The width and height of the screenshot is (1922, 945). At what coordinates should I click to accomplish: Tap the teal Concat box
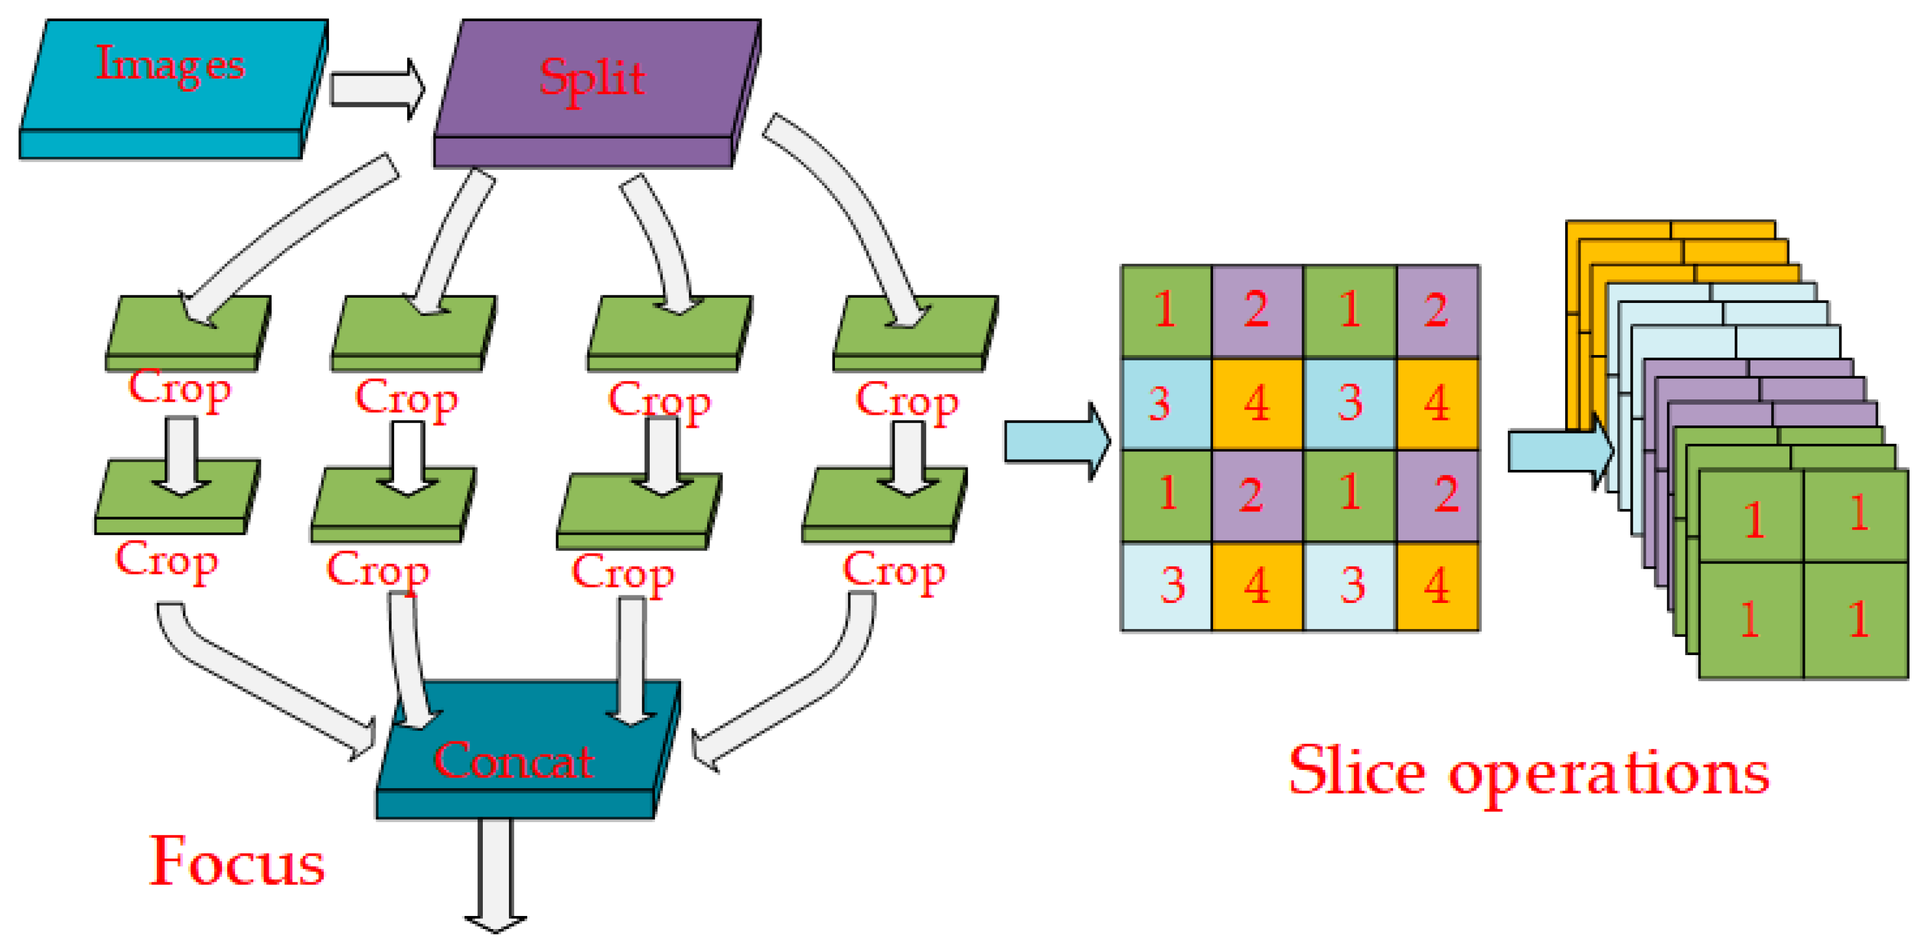[523, 753]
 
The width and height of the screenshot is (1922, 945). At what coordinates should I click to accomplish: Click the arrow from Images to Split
[377, 89]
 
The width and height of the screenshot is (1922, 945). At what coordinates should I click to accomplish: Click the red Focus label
[237, 862]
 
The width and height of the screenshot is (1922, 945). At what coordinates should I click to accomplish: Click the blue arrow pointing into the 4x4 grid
[1056, 441]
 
